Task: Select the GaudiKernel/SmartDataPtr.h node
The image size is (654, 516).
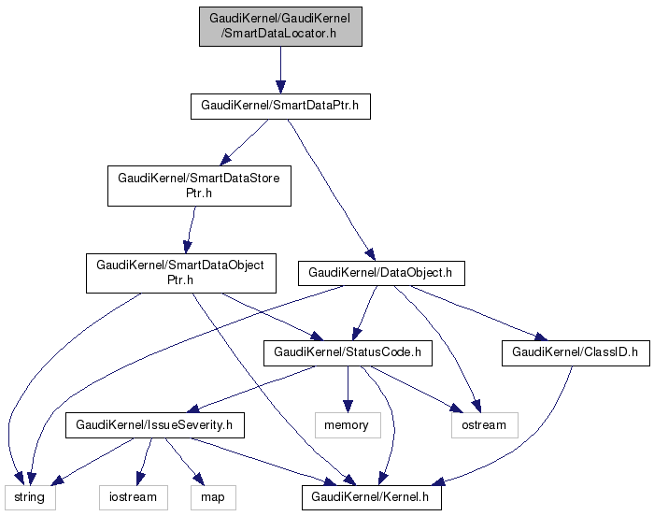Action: pos(280,106)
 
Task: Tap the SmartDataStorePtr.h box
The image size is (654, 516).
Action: pos(199,186)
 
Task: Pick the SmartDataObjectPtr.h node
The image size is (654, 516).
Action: pos(180,272)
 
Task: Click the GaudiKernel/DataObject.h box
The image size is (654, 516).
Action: pos(380,273)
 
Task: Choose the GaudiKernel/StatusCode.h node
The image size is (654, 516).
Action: pos(348,353)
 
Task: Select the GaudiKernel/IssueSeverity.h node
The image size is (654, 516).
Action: pos(154,425)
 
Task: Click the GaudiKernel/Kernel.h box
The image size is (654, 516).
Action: pos(371,497)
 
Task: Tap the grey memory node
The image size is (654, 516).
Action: pos(347,425)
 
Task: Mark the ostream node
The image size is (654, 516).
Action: pos(484,425)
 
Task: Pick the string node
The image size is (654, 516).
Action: pos(28,497)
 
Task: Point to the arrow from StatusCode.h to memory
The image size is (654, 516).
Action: pos(348,388)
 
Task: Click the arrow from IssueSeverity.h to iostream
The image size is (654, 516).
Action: pos(142,460)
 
